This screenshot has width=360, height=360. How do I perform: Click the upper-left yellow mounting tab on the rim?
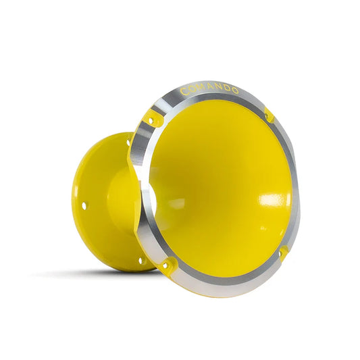[x=155, y=120]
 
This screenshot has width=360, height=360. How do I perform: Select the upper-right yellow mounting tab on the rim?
[x=270, y=115]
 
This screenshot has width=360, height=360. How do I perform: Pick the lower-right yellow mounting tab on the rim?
[x=284, y=253]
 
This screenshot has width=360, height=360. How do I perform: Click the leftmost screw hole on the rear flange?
[x=84, y=204]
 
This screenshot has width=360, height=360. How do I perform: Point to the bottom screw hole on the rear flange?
[x=140, y=260]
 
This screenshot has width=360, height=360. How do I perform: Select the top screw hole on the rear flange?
[x=129, y=143]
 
